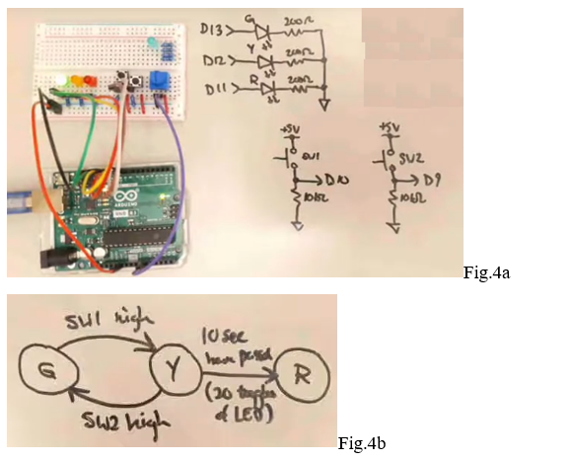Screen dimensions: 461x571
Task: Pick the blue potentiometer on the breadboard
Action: tap(157, 81)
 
